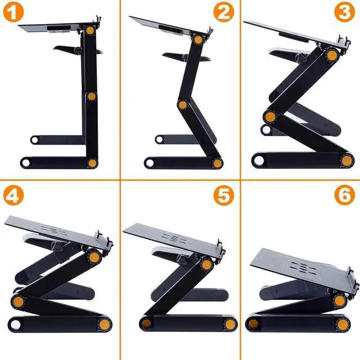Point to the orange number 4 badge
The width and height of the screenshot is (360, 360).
tap(13, 195)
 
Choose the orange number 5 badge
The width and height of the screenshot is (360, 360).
tap(223, 195)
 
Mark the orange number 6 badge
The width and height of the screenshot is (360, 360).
tap(344, 195)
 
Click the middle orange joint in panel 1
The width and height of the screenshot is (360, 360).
tap(91, 96)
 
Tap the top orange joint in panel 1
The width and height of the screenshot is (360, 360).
tap(90, 30)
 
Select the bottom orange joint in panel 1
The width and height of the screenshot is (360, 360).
tap(92, 163)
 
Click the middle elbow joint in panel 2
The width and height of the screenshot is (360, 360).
tap(183, 105)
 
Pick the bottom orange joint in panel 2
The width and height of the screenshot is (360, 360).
tap(217, 163)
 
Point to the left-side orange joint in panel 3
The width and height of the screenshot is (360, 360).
tap(270, 117)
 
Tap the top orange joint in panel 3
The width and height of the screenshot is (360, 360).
tap(332, 55)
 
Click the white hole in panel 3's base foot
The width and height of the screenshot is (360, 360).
tap(258, 161)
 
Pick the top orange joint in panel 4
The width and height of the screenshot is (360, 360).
tap(94, 258)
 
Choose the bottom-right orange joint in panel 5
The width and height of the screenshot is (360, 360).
tap(230, 324)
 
